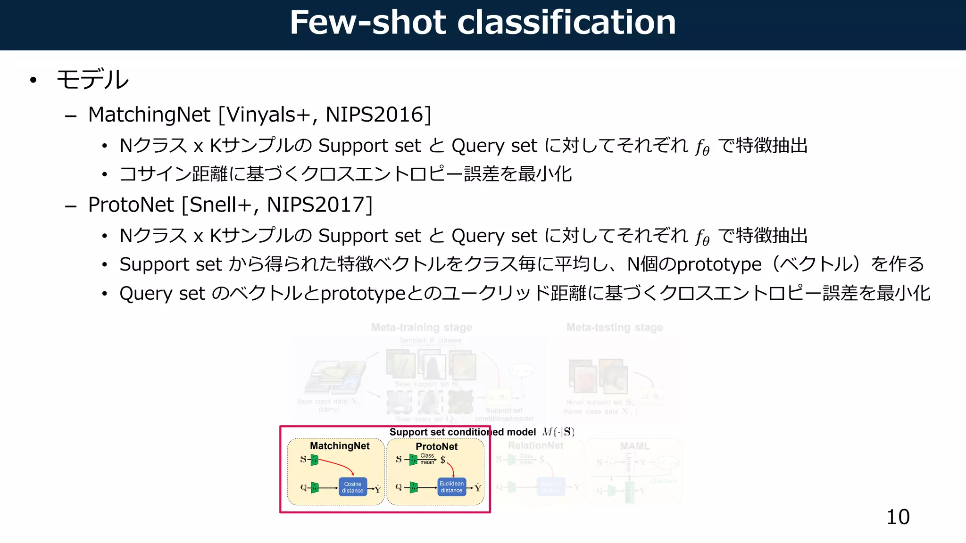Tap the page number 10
[898, 517]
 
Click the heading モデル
[92, 79]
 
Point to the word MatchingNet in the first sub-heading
[149, 115]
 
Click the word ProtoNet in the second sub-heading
[131, 205]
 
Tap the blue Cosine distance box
[352, 487]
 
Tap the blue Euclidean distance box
[451, 487]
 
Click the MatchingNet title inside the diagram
[340, 446]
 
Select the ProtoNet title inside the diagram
[436, 446]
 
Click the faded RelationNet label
[535, 445]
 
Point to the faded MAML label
[634, 446]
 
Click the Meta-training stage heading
[421, 327]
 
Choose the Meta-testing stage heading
[614, 327]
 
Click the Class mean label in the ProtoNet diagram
[427, 459]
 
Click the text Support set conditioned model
[462, 432]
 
